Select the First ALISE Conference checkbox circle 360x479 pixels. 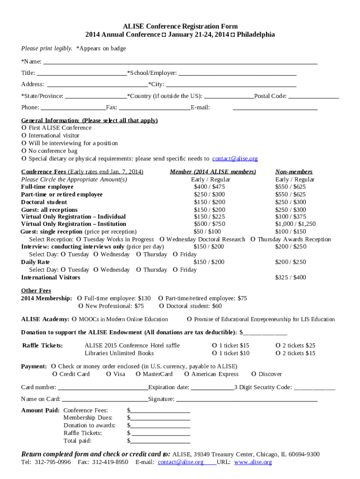coord(24,128)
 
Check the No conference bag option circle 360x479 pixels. coord(24,151)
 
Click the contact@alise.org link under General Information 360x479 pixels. coord(235,159)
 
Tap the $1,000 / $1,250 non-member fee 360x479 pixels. coord(295,224)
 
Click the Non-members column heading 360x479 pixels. coord(294,172)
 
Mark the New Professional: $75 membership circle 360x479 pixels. coord(81,306)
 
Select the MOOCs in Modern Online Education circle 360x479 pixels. coord(74,319)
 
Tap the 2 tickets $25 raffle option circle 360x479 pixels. coord(278,345)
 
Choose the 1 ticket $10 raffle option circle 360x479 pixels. coord(215,353)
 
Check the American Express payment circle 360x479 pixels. coord(187,374)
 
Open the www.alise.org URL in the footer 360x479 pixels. coord(252,462)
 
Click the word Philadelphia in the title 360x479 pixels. coord(256,35)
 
